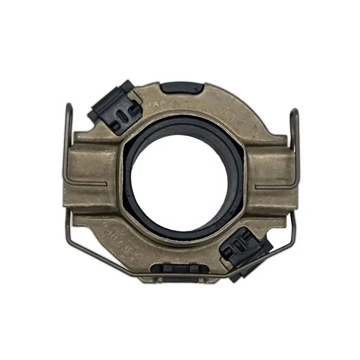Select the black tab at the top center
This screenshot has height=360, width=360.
tap(181, 88)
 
